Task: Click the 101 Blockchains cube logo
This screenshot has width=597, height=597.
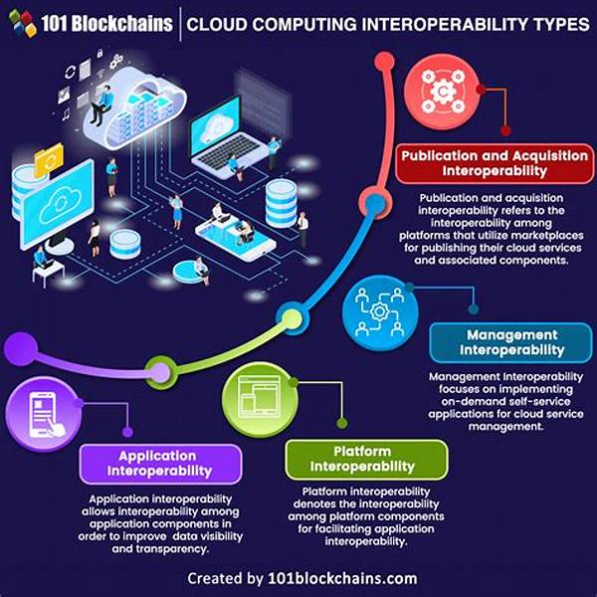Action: point(23,24)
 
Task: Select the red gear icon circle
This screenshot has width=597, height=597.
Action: point(442,92)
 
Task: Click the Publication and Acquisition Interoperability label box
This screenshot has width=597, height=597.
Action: point(495,163)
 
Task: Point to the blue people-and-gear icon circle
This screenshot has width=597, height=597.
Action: point(380,312)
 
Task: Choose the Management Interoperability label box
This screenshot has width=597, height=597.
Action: point(511,342)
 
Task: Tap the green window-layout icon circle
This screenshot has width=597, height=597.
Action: point(260,400)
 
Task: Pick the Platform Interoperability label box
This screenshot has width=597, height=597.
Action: point(366,459)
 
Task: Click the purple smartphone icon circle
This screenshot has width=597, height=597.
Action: point(44,414)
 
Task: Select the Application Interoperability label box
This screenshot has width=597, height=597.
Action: point(160,464)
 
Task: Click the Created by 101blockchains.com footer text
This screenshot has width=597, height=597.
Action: point(301,578)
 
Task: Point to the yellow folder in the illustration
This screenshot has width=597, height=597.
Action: point(49,160)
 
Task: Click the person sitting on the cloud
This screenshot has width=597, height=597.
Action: point(102,105)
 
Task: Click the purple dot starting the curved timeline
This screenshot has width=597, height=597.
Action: point(21,349)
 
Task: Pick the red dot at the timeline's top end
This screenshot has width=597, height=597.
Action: point(384,62)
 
